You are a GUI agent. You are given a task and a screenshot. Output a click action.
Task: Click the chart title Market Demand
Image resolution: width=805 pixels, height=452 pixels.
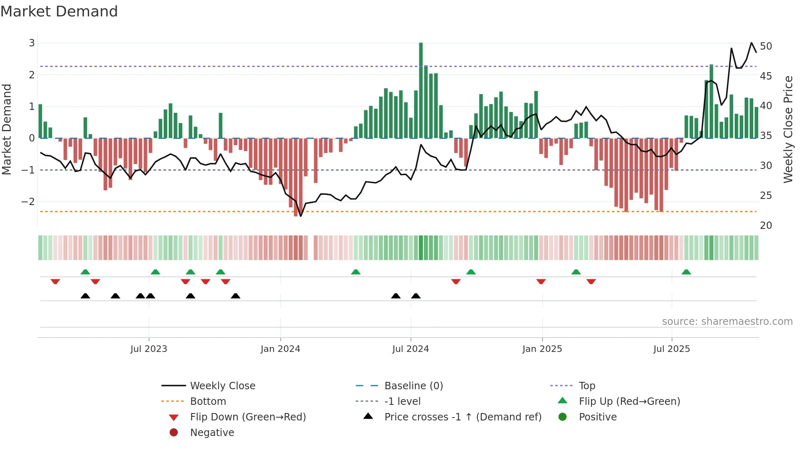(59, 11)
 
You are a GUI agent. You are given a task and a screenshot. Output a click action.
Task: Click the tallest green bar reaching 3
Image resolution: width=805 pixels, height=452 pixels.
(421, 90)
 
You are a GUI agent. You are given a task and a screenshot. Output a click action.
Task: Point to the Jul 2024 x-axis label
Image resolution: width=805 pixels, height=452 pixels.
(410, 349)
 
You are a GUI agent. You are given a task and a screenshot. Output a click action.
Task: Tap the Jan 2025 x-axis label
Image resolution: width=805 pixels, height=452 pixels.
(542, 349)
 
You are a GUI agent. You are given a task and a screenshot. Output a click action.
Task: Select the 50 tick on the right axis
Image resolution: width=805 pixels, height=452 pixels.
(766, 46)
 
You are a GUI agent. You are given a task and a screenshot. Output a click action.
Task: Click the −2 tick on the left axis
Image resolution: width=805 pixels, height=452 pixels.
(28, 202)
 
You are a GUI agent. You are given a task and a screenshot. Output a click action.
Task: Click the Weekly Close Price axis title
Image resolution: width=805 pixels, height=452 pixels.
(788, 129)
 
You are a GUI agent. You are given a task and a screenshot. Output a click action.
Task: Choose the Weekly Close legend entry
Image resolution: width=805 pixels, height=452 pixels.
(222, 386)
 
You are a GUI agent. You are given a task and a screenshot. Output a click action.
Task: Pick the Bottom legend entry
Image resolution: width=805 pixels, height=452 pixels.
(208, 402)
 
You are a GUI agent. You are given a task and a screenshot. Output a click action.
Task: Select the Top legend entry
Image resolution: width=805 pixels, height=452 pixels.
(586, 386)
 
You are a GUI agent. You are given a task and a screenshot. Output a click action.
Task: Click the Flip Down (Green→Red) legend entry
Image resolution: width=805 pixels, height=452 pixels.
(248, 417)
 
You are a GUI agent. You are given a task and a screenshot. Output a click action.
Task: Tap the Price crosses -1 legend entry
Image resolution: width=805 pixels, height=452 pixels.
(462, 417)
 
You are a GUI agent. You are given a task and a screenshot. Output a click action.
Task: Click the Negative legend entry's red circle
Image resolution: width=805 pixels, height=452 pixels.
(174, 433)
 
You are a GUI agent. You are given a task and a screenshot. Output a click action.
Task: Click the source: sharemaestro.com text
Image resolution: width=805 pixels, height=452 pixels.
(727, 322)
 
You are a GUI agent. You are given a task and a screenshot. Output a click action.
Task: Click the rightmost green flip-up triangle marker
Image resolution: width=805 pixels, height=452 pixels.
(686, 272)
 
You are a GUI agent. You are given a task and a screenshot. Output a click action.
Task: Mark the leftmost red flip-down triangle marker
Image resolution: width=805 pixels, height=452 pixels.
(55, 281)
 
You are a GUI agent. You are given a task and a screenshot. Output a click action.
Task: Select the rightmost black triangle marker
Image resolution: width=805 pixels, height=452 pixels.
(416, 296)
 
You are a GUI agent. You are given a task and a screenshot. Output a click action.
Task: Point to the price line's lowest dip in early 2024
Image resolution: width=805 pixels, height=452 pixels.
(301, 216)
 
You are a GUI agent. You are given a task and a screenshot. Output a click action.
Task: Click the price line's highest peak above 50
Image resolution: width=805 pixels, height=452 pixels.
(751, 43)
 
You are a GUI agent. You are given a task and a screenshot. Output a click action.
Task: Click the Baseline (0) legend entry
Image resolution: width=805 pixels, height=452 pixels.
(413, 386)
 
